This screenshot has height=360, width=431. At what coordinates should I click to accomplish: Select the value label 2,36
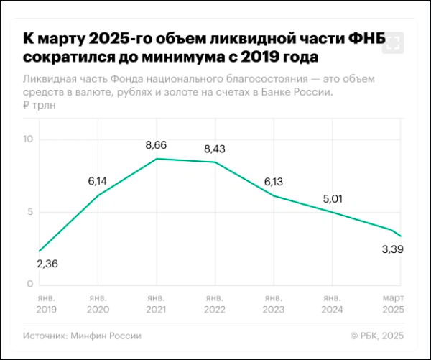point(47,264)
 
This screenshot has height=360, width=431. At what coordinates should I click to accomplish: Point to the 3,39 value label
point(391,250)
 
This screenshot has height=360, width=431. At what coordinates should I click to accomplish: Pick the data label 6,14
point(98,181)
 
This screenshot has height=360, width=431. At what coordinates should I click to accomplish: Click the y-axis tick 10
point(28,138)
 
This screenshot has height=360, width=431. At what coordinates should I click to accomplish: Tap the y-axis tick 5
point(30,211)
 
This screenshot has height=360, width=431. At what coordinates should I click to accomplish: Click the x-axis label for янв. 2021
point(156,303)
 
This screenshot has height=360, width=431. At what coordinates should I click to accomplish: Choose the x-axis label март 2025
point(392,303)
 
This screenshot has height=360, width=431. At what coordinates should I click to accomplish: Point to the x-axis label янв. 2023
point(274,303)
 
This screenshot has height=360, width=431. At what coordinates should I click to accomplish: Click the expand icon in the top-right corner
point(392,44)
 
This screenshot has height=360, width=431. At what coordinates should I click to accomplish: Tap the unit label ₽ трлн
point(40,106)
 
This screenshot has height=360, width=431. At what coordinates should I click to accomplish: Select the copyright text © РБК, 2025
point(378,336)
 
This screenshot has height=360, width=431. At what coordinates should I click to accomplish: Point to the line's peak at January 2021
point(157,159)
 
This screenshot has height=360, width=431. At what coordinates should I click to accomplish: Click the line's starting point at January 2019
point(39,251)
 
